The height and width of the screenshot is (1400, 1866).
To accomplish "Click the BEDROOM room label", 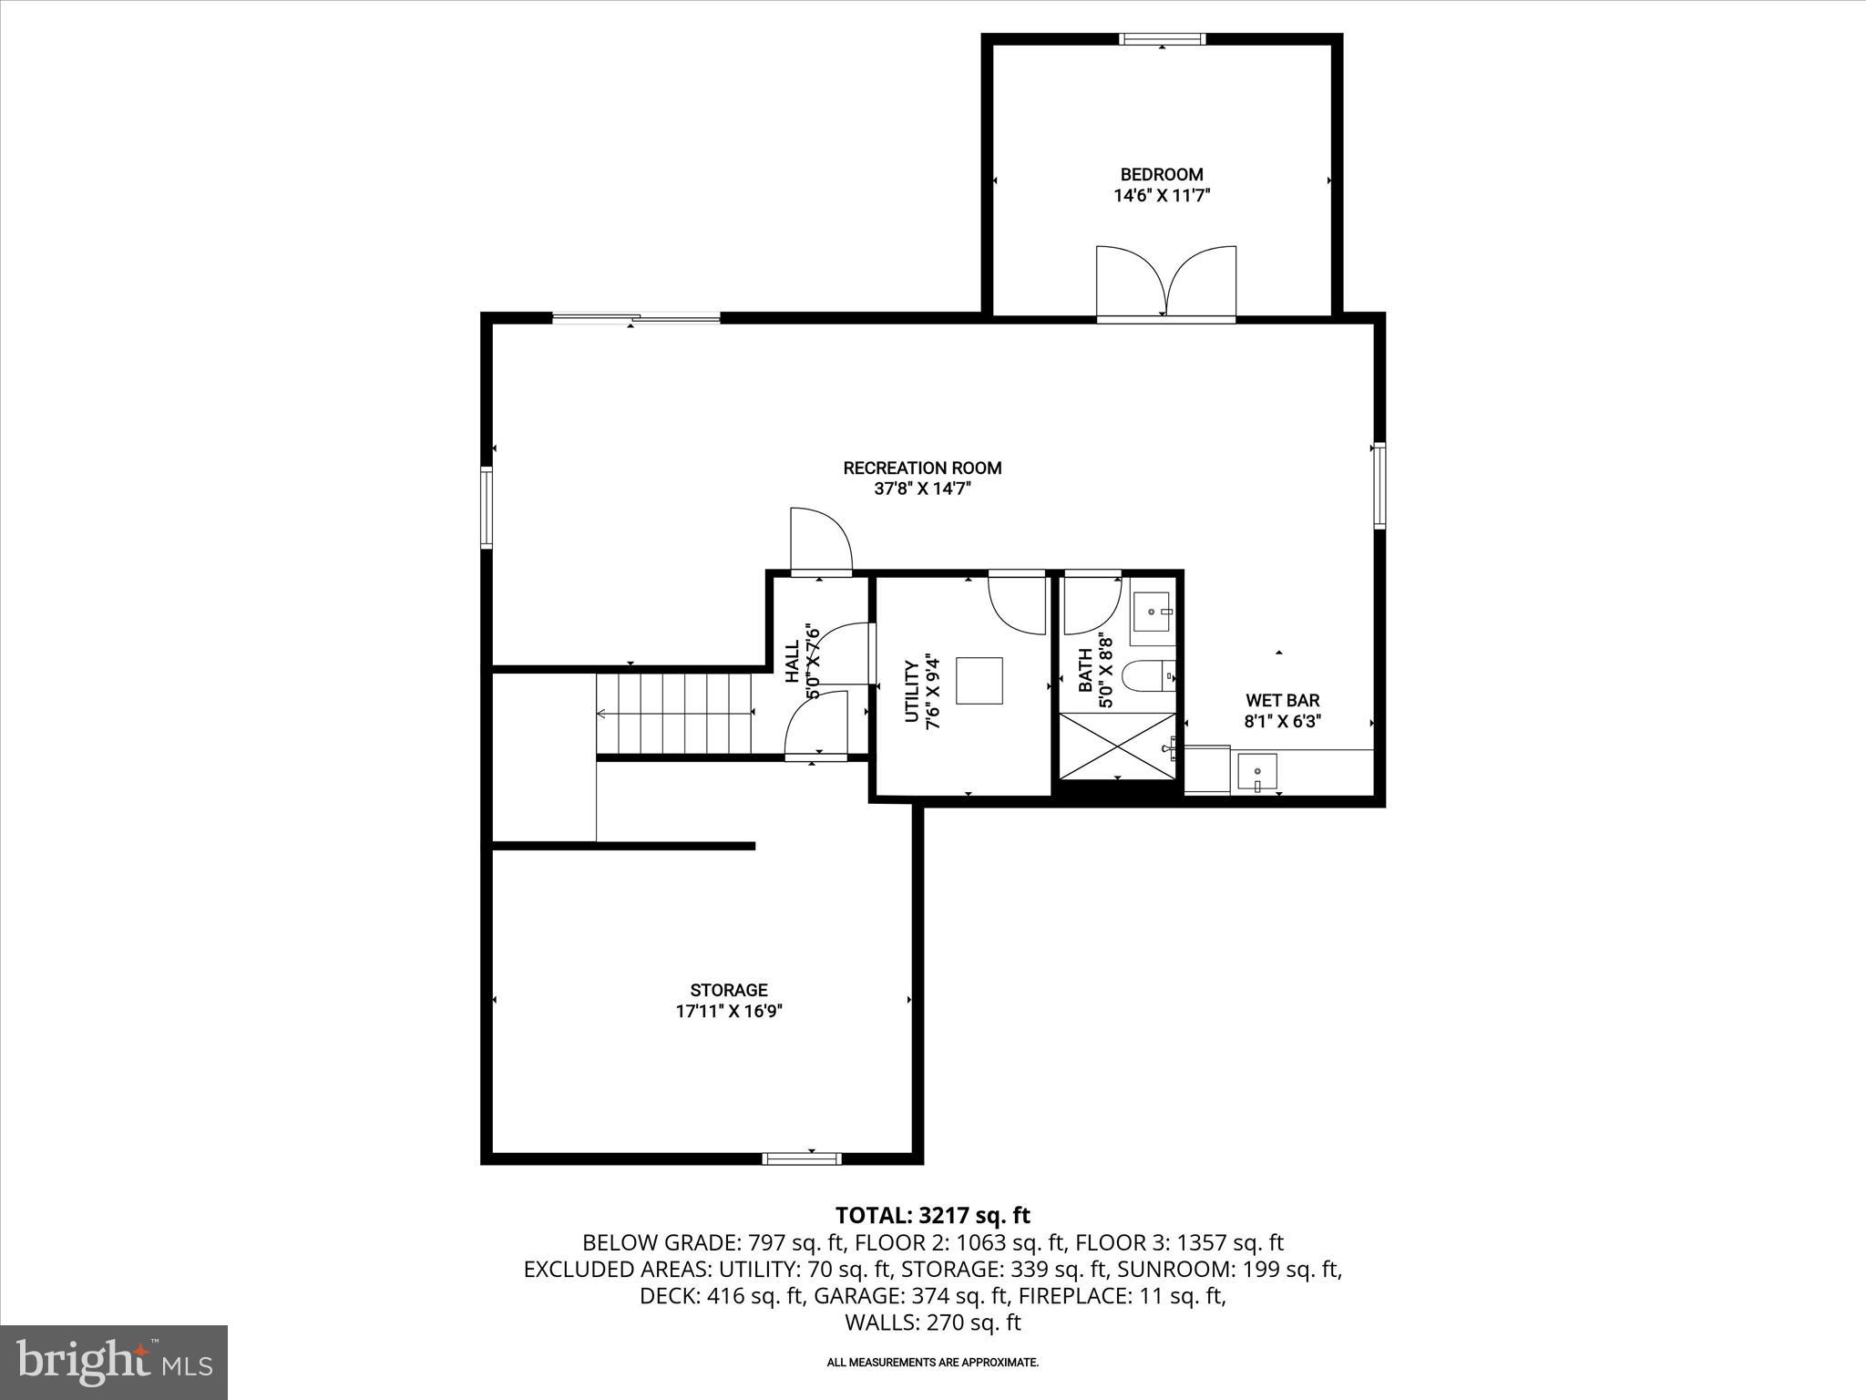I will click(x=1161, y=174).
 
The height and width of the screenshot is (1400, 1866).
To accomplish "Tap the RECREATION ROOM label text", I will click(x=922, y=468).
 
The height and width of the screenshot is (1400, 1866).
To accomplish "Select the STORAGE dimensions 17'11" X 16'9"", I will click(x=728, y=1011).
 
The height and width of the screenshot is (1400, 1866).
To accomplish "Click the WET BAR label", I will click(x=1282, y=700).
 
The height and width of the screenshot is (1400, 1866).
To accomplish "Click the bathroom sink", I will click(x=1153, y=611).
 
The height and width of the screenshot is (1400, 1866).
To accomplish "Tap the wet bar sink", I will click(x=1256, y=772).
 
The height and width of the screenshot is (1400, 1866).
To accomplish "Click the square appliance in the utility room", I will click(x=979, y=680).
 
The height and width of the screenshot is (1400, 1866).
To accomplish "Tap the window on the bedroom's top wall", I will click(x=1162, y=38).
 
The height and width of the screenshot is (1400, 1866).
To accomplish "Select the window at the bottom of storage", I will click(x=801, y=1158).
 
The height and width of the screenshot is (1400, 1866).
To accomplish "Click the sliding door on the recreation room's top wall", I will click(x=636, y=318).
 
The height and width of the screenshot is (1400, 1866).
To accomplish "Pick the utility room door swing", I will click(x=1018, y=602).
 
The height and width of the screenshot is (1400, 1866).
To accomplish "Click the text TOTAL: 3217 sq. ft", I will click(x=932, y=1215).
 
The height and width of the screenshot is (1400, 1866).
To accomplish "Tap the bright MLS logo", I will click(x=114, y=1362).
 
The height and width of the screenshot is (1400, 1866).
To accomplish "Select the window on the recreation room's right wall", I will click(x=1379, y=485).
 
